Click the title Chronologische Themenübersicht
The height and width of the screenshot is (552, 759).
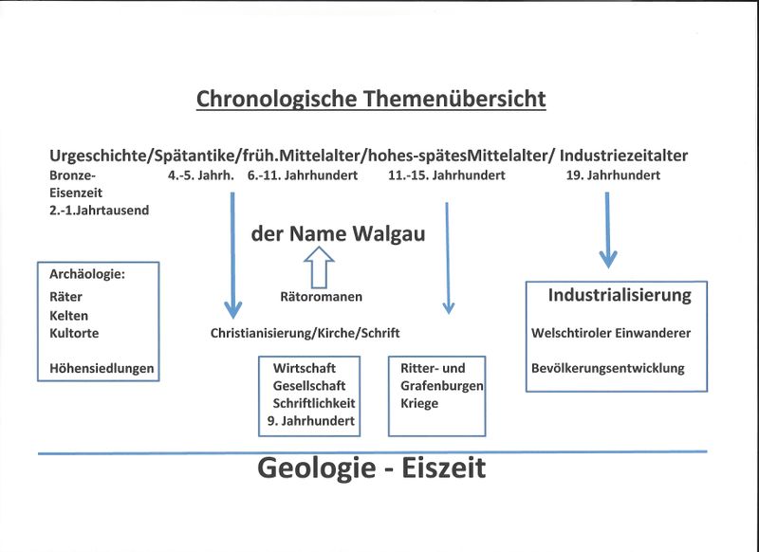coord(371,99)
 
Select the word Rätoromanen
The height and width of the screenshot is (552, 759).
coord(322,297)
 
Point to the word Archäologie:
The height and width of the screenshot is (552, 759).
coord(87,274)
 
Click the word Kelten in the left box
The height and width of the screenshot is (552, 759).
coord(68,315)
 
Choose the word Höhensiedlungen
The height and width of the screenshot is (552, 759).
coord(102,368)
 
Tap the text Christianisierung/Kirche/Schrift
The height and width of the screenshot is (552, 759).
coord(305,333)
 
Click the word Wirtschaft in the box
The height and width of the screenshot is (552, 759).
coord(304,368)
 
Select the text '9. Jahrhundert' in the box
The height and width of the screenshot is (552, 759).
coord(310,421)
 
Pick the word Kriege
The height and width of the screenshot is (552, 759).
coord(419,403)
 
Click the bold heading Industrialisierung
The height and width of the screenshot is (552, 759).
coord(620,296)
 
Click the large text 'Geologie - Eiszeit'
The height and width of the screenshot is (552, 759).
coord(371,468)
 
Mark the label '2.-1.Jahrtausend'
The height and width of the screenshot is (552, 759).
coord(99,210)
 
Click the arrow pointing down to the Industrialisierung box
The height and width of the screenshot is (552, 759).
coord(608,228)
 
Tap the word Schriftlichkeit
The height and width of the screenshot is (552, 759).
coord(313,403)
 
